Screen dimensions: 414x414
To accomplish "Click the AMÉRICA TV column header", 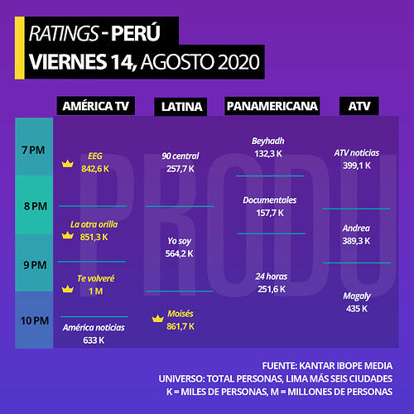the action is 96,106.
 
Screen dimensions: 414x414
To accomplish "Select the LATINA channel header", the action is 181,107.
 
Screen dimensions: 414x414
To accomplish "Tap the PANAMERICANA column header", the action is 272,106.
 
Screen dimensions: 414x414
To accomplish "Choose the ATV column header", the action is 359,106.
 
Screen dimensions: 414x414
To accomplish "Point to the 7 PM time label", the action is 33,150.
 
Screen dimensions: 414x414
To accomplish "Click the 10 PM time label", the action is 35,320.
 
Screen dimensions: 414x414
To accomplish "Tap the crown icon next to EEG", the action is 68,164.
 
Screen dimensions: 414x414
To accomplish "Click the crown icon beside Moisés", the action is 158,319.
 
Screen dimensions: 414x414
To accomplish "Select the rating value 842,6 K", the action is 95,169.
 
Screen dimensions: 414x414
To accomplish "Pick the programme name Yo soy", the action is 180,241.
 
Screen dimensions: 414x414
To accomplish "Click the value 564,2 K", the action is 180,253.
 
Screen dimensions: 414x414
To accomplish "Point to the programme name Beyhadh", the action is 268,141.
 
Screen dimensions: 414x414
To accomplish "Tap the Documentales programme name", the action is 270,200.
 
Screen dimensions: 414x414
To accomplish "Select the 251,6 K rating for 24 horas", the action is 272,289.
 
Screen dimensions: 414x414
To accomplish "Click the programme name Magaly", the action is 357,296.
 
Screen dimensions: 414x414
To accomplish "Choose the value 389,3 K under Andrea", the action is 356,241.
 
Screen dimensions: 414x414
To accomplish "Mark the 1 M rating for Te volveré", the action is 96,291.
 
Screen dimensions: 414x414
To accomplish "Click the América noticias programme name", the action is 94,328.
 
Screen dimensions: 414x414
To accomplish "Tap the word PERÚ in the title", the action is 136,32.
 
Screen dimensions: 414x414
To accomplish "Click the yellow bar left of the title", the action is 20,48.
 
